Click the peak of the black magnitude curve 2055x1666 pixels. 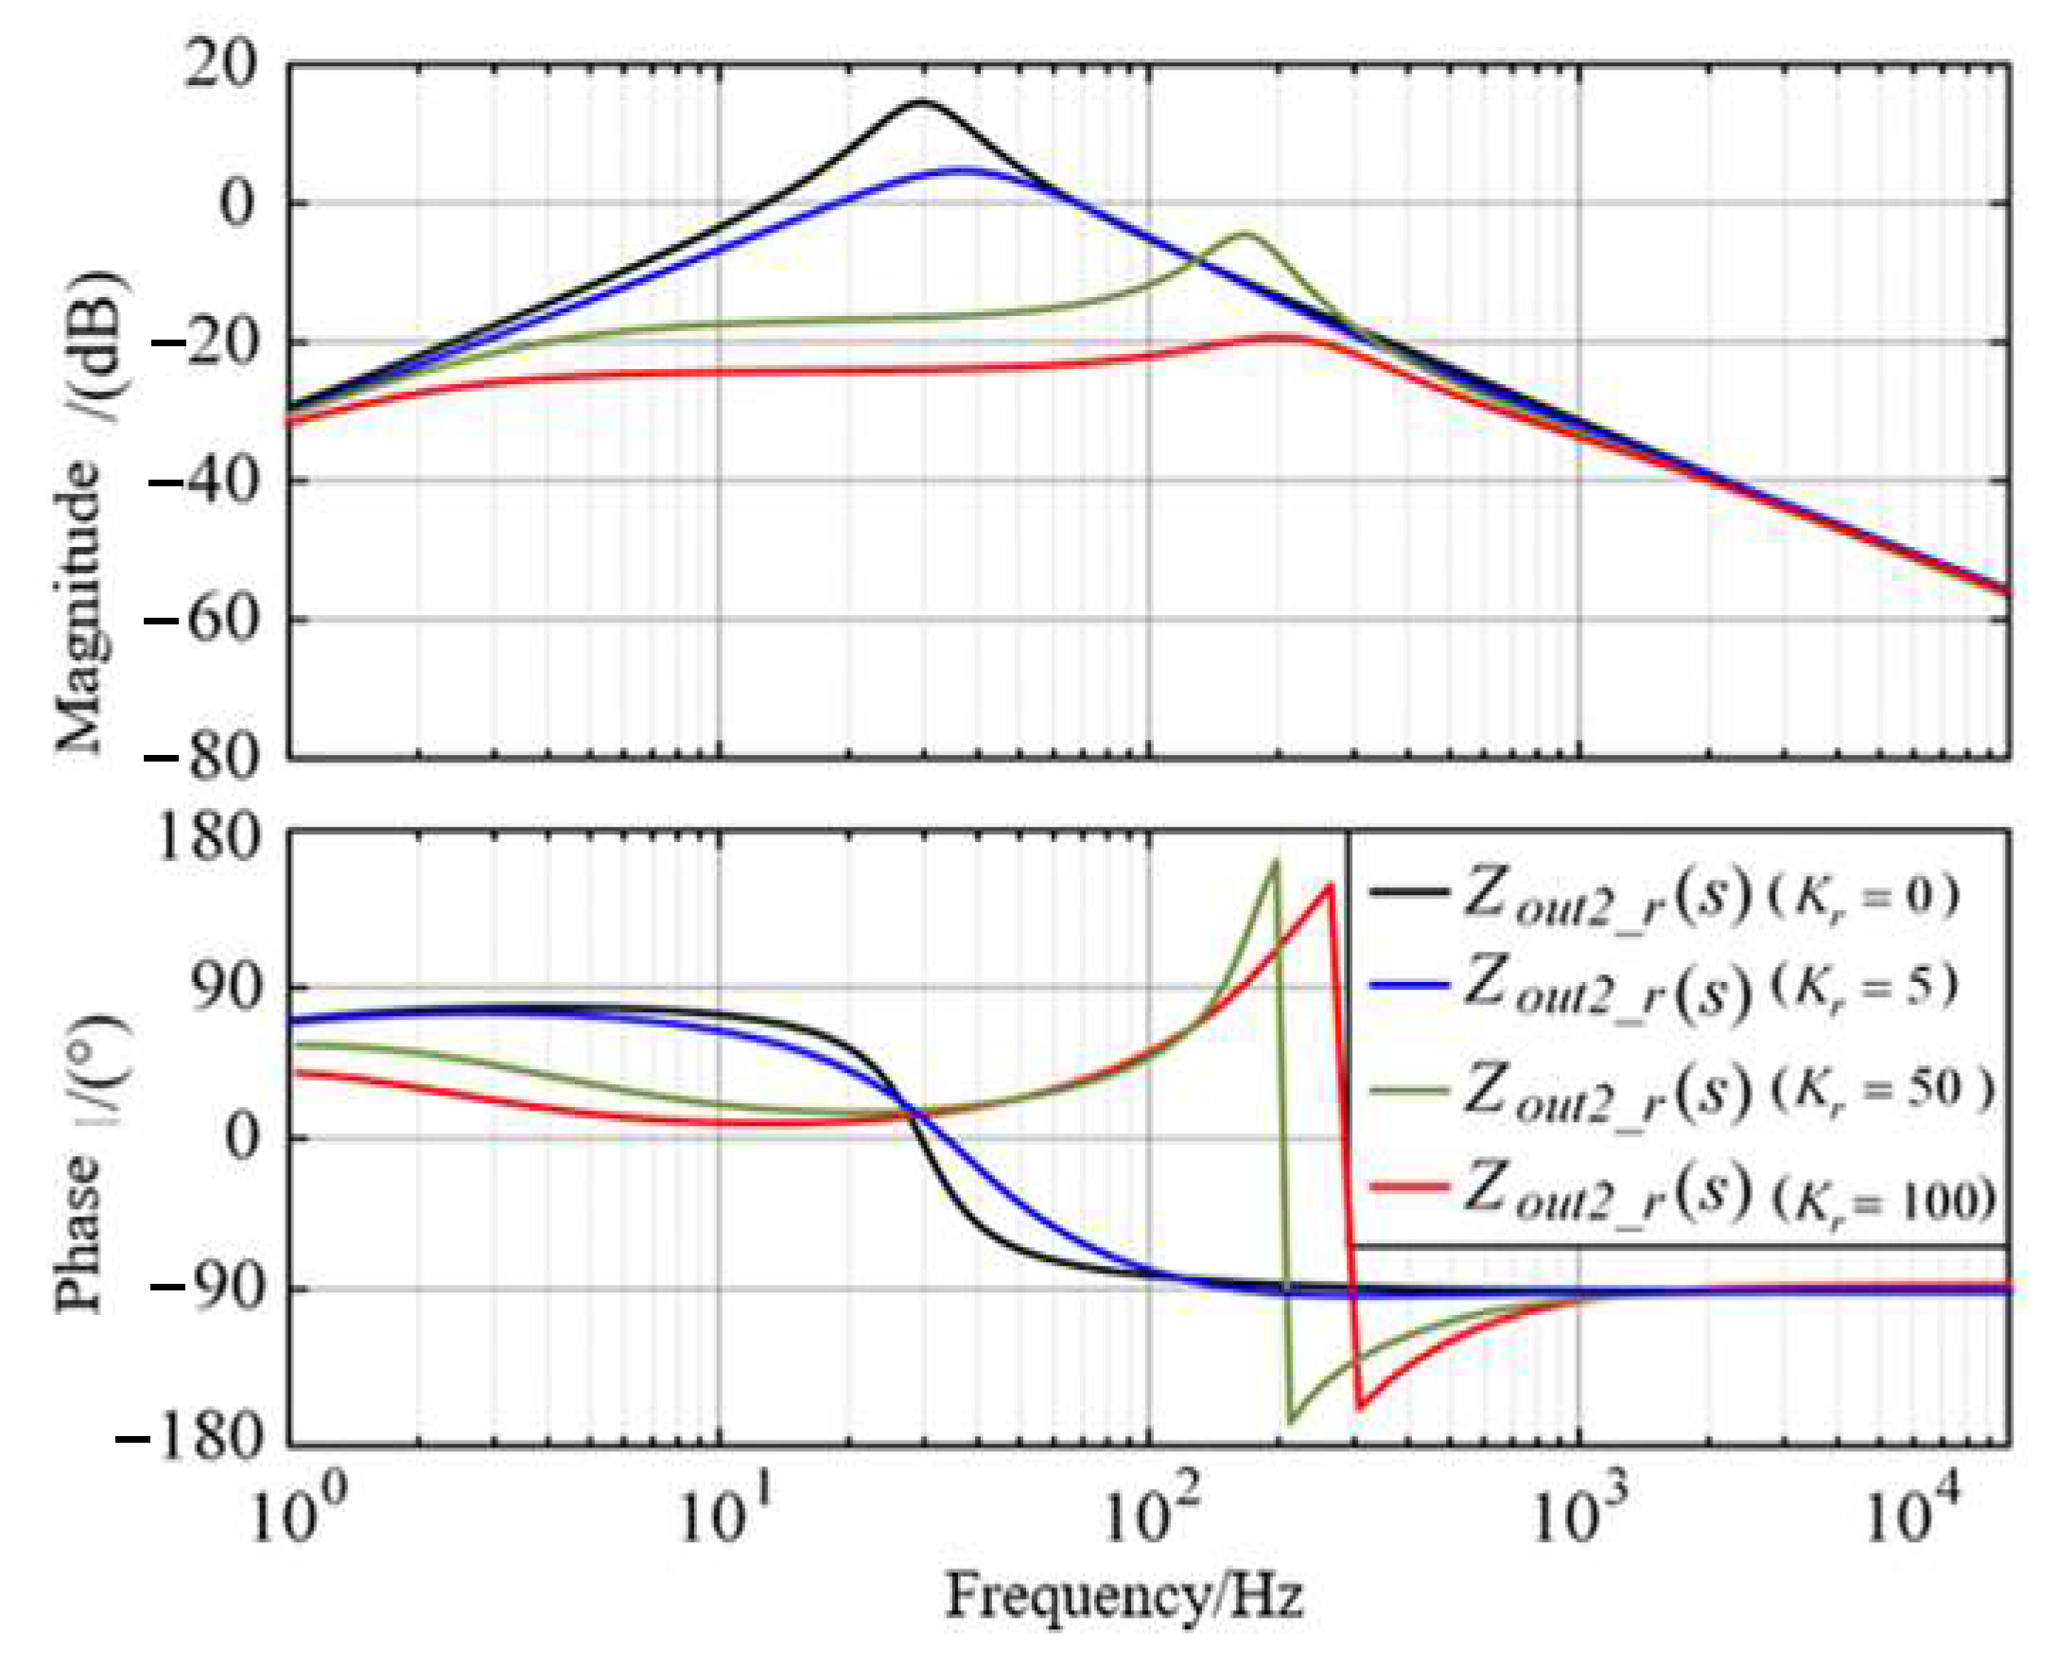[x=921, y=101]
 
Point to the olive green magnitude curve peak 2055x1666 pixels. [x=1245, y=233]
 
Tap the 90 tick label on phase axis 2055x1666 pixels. [x=221, y=988]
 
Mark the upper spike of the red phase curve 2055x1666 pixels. [x=1330, y=885]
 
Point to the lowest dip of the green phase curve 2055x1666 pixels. [x=1291, y=1421]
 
